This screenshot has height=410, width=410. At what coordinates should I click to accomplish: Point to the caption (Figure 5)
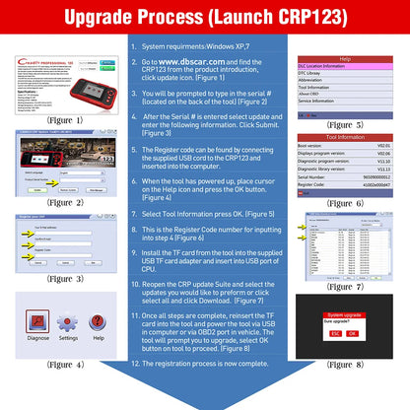click(346, 124)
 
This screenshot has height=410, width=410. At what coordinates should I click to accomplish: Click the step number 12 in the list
click(136, 364)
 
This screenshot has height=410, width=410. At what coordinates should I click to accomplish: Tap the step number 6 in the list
click(136, 181)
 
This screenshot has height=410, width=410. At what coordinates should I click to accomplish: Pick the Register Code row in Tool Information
click(345, 185)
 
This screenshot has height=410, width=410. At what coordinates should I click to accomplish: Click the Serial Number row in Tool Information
click(345, 177)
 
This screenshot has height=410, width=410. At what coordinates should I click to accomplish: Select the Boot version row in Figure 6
click(345, 146)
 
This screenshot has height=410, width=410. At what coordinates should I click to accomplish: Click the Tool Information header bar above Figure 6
click(345, 137)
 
